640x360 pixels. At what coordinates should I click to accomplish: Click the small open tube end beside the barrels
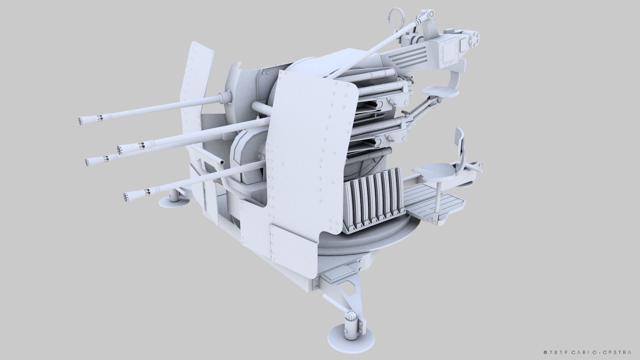[x=221, y=162]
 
